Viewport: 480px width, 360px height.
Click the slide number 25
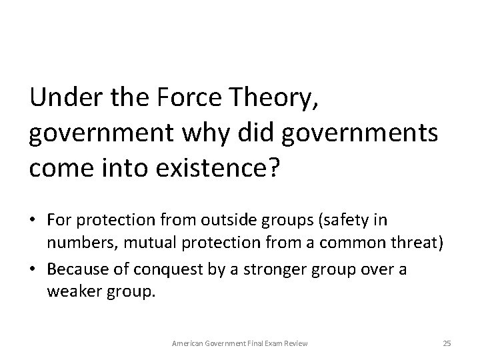pyautogui.click(x=447, y=343)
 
